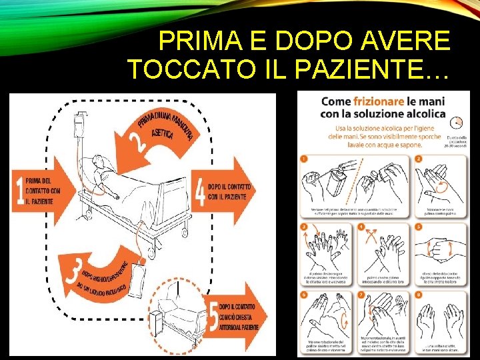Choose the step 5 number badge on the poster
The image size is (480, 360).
pyautogui.click(x=419, y=227)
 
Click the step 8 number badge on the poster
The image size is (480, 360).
pyautogui.click(x=419, y=292)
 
